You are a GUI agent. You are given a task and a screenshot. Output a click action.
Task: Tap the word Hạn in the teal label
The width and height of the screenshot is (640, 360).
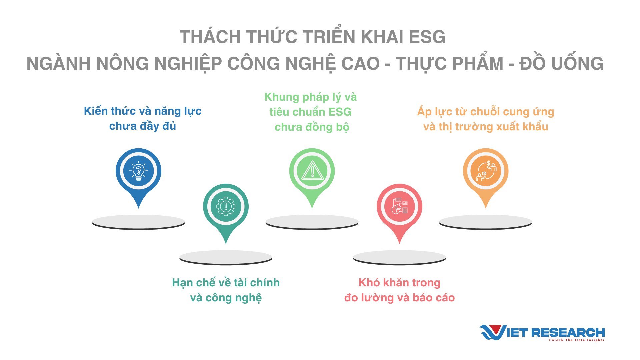coord(182,283)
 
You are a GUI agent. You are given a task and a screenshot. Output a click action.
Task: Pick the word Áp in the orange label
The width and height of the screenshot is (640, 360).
coord(424,112)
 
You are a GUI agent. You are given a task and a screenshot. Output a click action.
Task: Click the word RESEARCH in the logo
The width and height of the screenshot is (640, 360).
coord(568,332)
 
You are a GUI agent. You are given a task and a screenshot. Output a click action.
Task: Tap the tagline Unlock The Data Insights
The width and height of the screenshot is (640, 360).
coord(576,340)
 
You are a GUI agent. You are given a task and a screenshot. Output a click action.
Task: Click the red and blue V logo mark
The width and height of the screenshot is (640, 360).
coord(493,332)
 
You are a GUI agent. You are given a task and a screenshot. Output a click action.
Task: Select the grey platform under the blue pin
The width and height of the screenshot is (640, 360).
coord(138,222)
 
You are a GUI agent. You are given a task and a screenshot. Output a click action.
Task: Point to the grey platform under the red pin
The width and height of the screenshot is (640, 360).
coord(399,258)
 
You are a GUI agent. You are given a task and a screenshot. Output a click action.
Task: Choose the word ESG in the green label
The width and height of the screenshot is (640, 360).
coord(340,112)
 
